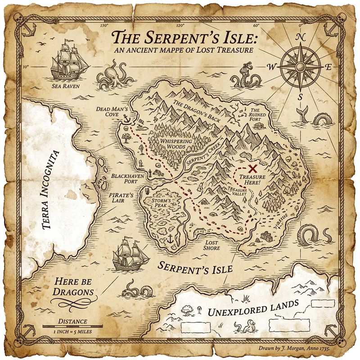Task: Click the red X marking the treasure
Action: [253, 168]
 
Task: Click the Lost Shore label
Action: [211, 245]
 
